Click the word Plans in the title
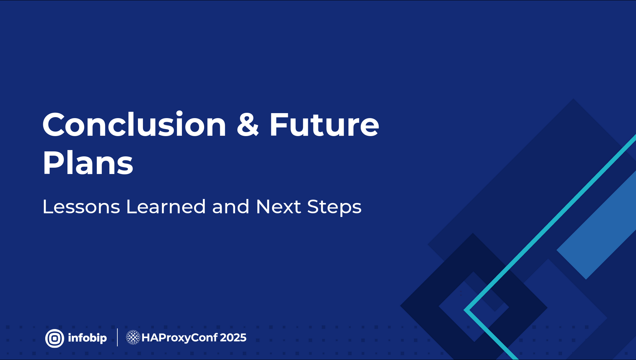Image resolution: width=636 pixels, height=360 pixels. [x=88, y=163]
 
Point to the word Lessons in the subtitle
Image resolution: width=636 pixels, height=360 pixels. [x=81, y=207]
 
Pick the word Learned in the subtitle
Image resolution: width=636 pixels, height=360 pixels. [x=166, y=207]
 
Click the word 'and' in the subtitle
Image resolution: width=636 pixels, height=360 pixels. [x=231, y=207]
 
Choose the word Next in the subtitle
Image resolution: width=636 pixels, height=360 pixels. [x=279, y=207]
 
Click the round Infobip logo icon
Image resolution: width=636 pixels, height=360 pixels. [x=55, y=338]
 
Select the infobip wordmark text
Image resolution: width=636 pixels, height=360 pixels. [x=87, y=338]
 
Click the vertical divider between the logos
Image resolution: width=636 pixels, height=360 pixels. [x=117, y=337]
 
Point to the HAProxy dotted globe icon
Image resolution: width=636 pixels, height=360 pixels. [x=133, y=337]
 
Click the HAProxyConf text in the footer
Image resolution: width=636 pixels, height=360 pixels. [x=180, y=338]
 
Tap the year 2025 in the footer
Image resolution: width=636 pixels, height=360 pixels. [x=233, y=338]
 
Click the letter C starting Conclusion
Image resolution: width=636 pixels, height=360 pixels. [x=54, y=125]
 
